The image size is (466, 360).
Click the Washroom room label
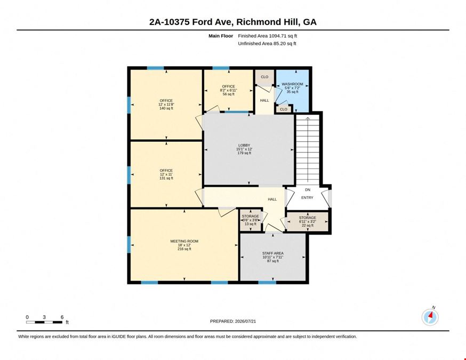point(292,84)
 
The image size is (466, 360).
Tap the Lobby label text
point(244,146)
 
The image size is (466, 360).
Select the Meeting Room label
point(184,241)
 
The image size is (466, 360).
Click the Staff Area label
point(273,253)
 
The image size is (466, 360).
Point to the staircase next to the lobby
point(308,150)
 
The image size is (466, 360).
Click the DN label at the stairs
point(308,190)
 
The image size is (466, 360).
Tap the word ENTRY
point(307,197)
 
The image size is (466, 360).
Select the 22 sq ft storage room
point(308,221)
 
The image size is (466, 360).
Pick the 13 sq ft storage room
point(251,220)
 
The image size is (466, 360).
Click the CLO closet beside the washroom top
point(264,77)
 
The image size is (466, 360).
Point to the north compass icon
point(430,317)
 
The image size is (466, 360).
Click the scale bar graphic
point(45,322)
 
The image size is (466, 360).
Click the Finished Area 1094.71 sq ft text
point(268,36)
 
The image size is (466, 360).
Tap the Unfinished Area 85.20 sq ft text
point(267,43)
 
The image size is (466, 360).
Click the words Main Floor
point(221,36)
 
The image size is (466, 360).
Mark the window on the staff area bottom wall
point(267,282)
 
